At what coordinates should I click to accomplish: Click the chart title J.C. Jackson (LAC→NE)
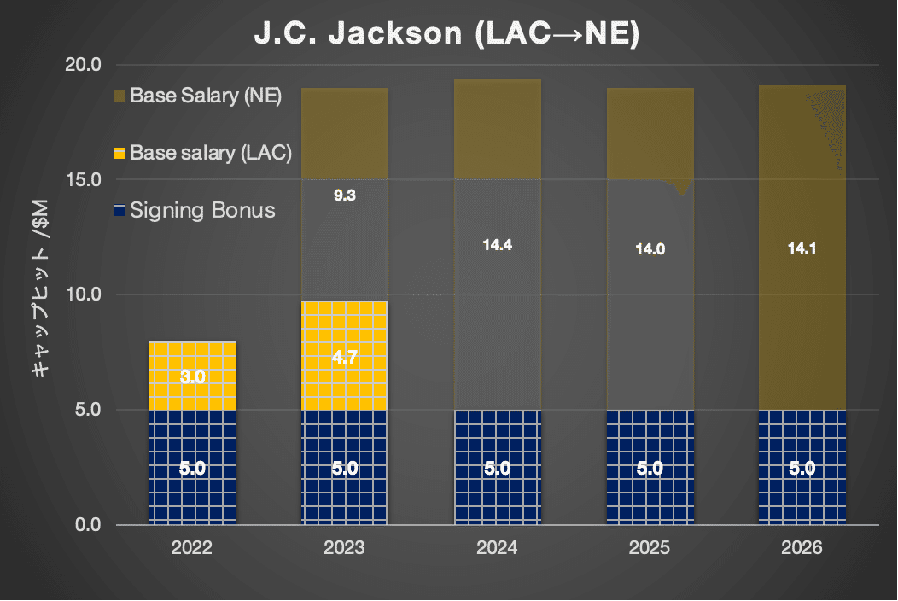point(447,37)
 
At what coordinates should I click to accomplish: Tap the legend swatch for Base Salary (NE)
point(119,96)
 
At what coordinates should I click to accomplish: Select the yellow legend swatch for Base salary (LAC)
point(119,153)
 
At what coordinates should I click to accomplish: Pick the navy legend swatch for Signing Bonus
point(119,210)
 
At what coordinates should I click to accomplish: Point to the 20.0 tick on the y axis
point(84,65)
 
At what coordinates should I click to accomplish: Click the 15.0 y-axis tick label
point(84,180)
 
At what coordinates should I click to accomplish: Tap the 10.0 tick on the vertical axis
point(84,295)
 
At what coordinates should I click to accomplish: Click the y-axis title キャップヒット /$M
point(38,295)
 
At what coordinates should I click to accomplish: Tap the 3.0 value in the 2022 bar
point(193,376)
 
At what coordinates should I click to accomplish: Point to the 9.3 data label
point(345,195)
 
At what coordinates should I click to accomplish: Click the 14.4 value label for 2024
point(497,246)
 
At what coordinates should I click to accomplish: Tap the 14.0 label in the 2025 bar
point(650,250)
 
